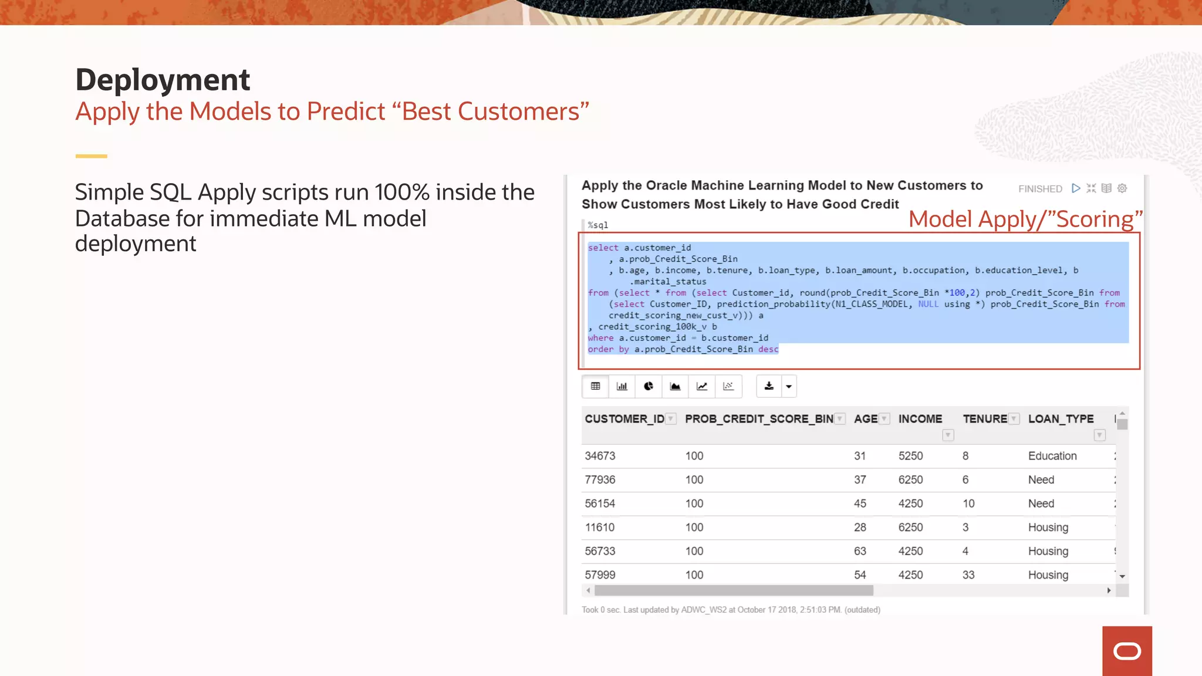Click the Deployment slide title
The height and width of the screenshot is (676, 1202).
(x=163, y=80)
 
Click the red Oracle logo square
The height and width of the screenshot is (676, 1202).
(x=1126, y=651)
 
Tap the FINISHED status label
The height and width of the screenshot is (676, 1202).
(x=1040, y=189)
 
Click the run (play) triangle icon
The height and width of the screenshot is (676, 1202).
(x=1076, y=188)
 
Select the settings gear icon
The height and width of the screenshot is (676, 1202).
(x=1122, y=188)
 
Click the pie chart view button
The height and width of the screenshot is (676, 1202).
(x=649, y=386)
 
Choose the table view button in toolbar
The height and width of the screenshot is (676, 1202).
(x=595, y=386)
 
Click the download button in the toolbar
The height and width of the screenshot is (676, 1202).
(x=769, y=386)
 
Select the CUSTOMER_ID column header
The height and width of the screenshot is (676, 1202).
(x=624, y=419)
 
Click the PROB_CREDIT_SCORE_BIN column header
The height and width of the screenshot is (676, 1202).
(x=759, y=419)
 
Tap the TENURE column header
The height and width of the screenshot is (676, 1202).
(x=985, y=419)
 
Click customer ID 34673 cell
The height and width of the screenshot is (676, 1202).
(x=600, y=456)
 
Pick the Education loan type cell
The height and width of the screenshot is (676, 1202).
(x=1052, y=456)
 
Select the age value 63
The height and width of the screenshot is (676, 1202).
(x=860, y=551)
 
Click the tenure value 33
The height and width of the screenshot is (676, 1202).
(x=968, y=575)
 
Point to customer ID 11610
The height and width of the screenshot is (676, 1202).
(x=599, y=528)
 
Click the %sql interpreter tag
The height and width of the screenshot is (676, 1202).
(x=598, y=225)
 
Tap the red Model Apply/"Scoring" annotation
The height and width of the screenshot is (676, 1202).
(x=1025, y=219)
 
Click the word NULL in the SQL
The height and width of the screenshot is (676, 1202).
(x=928, y=304)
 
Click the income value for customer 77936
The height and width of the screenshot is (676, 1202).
(x=910, y=480)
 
